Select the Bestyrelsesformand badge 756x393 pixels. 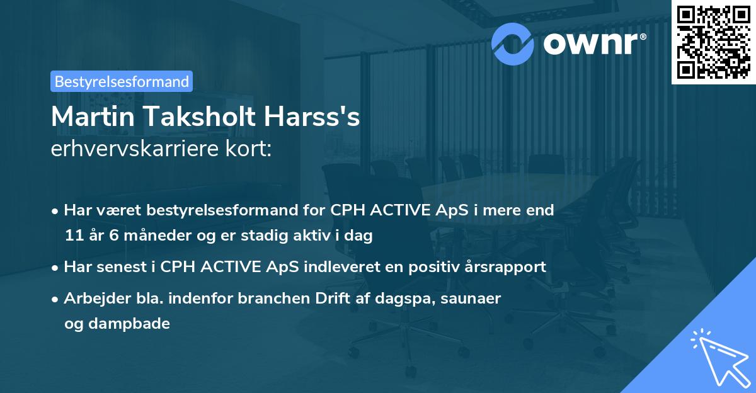click(121, 81)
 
